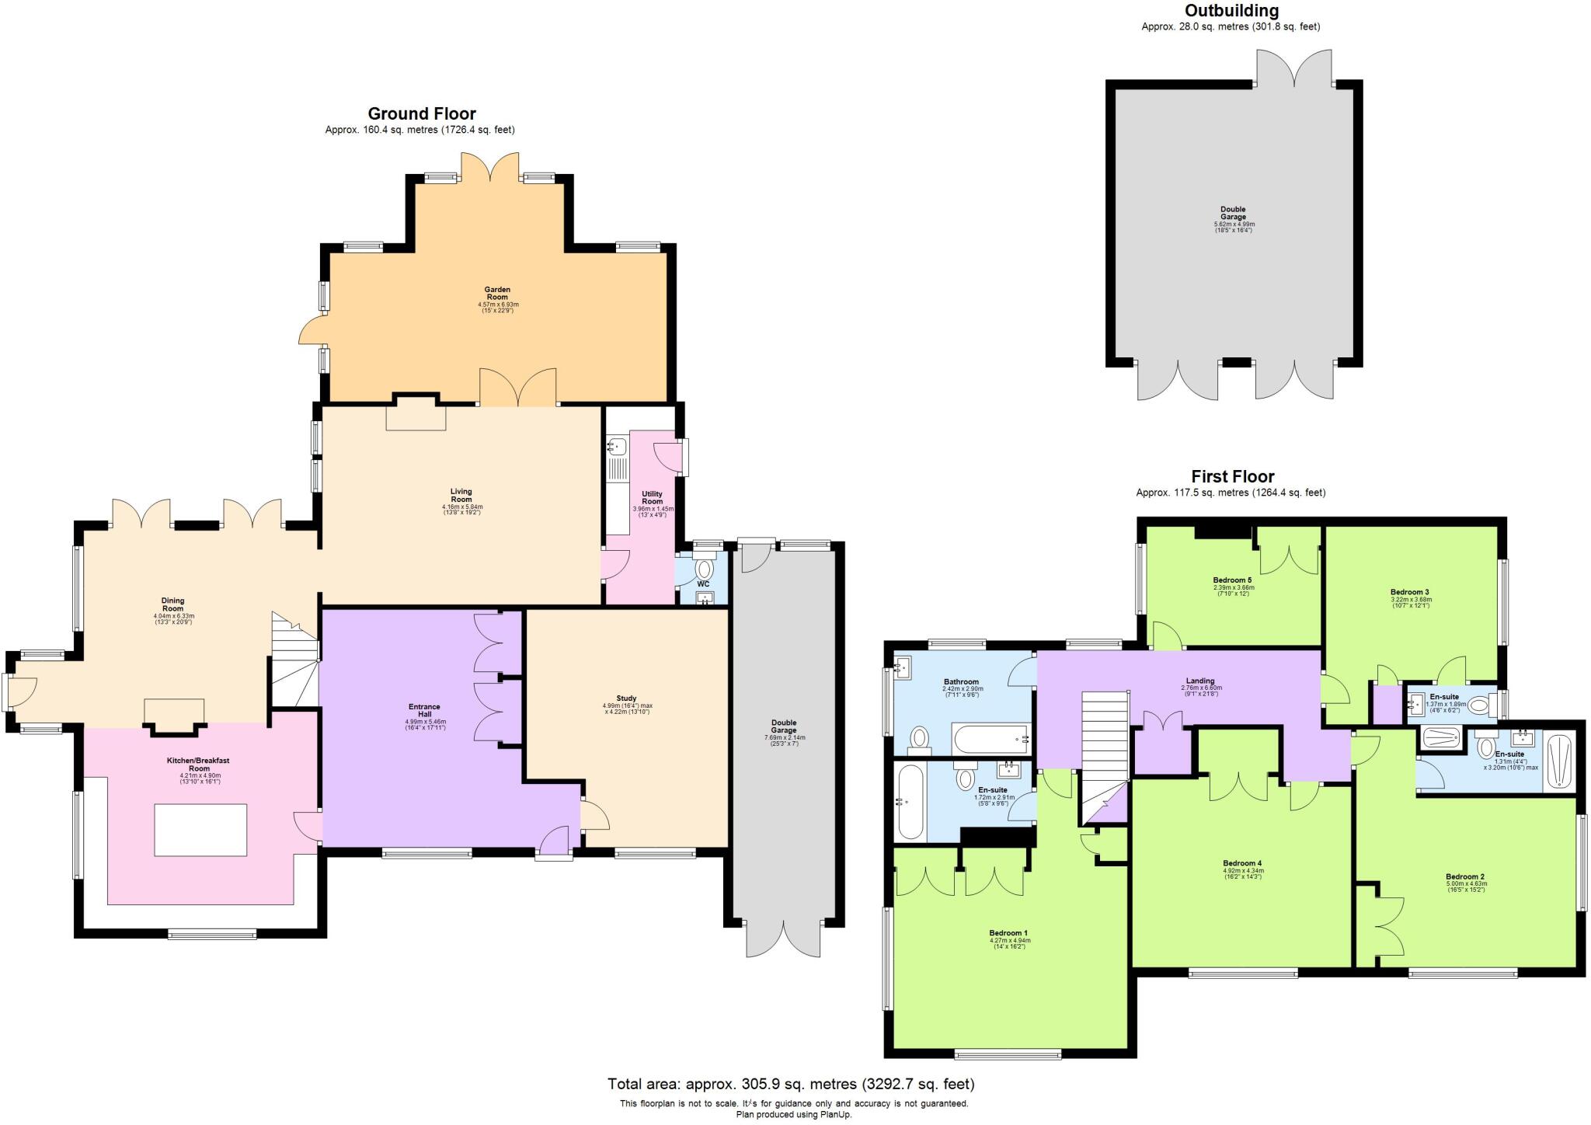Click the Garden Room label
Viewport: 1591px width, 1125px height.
coord(497,294)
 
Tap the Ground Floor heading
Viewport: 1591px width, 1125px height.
coord(421,114)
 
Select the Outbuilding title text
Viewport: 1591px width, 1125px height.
coord(1231,11)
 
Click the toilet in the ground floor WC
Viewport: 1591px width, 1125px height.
coord(704,569)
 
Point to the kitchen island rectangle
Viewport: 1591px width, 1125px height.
coord(200,830)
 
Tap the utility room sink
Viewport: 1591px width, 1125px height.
coord(619,447)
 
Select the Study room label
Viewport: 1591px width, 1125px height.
coord(627,698)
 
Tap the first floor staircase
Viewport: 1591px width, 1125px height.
coord(1105,746)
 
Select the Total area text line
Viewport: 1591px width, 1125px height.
coord(791,1084)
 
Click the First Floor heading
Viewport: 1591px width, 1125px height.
coord(1233,476)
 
